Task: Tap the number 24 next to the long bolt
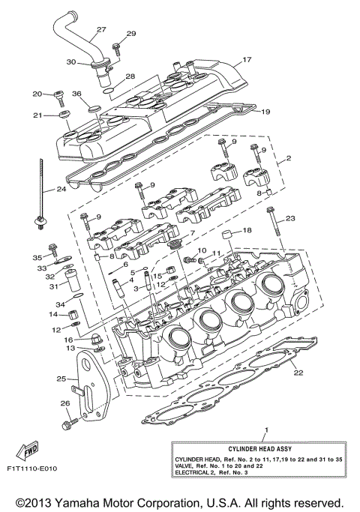(60, 190)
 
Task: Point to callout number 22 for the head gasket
(298, 373)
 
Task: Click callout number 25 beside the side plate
(61, 379)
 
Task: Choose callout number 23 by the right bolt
(292, 218)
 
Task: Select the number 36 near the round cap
(76, 94)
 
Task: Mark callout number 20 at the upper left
(37, 94)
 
